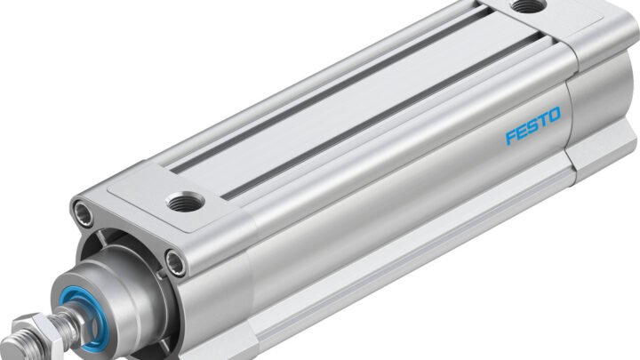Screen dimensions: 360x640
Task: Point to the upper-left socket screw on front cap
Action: point(84,212)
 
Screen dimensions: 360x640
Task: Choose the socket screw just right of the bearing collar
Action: point(178,260)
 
